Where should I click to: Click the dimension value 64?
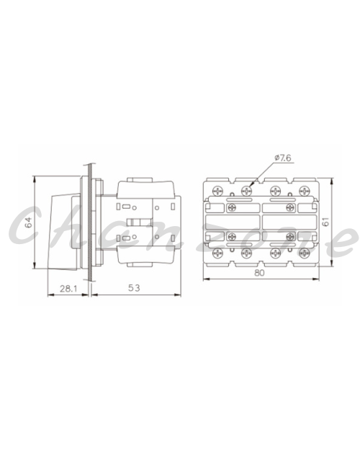point(30,222)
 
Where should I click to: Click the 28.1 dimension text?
point(68,288)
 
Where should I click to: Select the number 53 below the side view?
point(134,287)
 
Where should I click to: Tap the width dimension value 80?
point(259,273)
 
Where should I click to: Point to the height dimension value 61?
point(326,222)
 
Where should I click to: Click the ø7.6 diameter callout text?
point(283,158)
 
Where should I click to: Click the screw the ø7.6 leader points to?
point(246,190)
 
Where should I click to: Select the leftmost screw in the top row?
point(218,190)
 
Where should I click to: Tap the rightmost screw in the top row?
point(304,190)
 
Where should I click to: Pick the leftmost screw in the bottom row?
point(218,253)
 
